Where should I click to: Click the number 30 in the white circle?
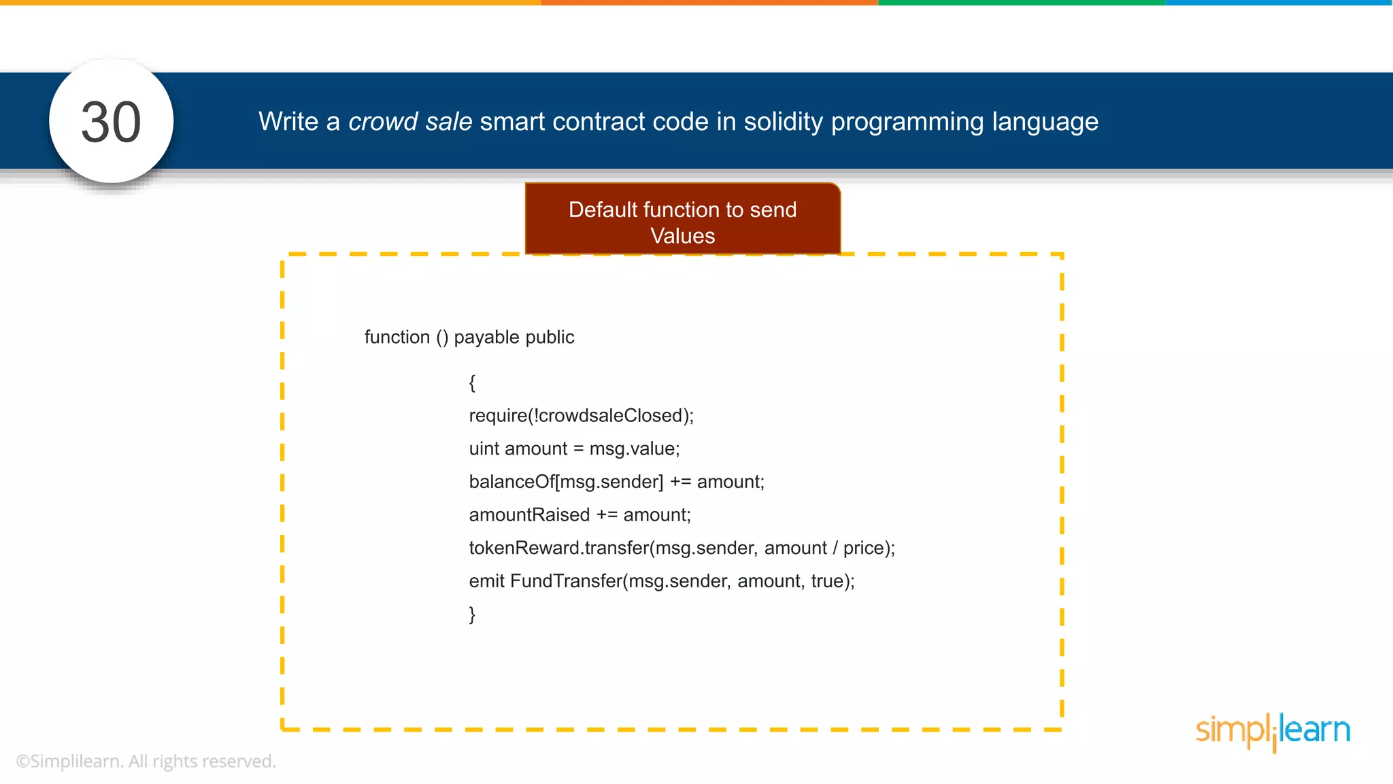click(x=111, y=122)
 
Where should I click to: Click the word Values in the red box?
click(x=682, y=236)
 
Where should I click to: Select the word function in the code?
click(x=397, y=338)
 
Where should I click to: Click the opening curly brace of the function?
click(x=472, y=382)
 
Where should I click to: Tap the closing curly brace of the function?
click(x=472, y=615)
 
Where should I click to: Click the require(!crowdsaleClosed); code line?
click(x=581, y=416)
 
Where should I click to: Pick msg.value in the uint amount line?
click(x=634, y=449)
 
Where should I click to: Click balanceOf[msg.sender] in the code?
click(x=565, y=482)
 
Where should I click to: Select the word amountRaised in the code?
click(x=529, y=515)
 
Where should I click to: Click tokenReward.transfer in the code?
click(x=558, y=548)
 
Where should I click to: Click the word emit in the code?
click(x=486, y=581)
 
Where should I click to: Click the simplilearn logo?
click(x=1273, y=731)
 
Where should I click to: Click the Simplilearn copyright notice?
click(x=146, y=762)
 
